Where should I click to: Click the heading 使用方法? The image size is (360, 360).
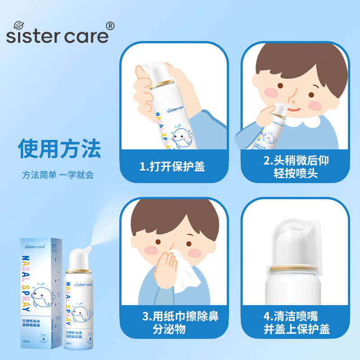coord(59,148)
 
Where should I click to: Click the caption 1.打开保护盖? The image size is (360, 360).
coord(172,166)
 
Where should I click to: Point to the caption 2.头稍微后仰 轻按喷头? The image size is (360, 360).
coord(296,167)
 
